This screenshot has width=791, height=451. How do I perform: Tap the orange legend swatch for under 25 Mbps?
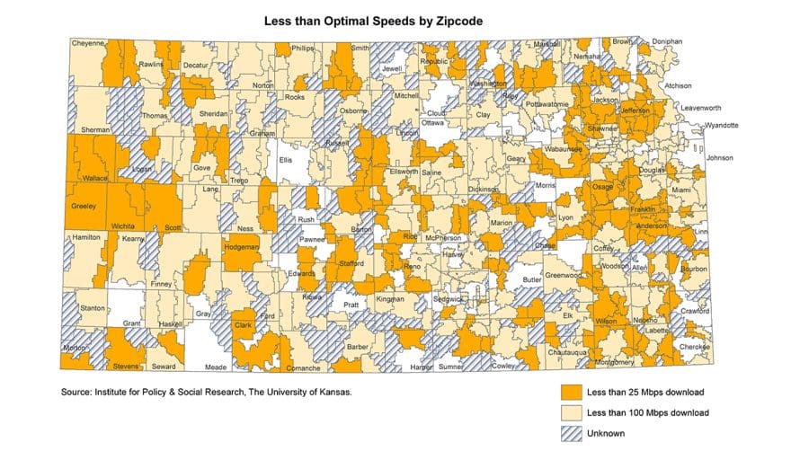(569, 393)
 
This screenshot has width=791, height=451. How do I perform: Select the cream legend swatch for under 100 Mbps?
(569, 413)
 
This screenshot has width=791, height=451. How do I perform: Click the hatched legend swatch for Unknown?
(569, 433)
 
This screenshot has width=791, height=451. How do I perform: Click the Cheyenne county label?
(88, 42)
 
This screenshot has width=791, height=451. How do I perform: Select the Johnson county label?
(720, 158)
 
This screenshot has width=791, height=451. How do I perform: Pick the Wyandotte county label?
(721, 125)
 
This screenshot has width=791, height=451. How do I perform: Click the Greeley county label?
(83, 207)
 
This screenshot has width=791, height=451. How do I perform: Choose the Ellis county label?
(286, 160)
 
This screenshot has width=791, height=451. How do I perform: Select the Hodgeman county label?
(241, 247)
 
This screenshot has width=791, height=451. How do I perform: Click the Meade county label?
(215, 367)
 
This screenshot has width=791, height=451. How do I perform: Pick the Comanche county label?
(305, 368)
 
